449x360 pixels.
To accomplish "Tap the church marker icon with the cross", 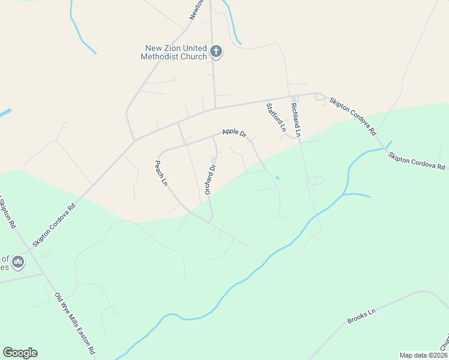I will tap(217, 52).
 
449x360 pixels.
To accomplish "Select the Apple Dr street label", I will tap(234, 132).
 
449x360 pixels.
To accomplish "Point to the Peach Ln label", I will tap(161, 173).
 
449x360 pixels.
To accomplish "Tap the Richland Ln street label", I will tap(295, 118).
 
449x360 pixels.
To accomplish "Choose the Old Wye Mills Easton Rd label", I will tap(75, 323).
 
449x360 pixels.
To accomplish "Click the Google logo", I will tap(20, 353).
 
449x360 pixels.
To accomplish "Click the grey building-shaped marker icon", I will tap(18, 262).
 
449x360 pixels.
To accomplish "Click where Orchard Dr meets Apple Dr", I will tap(213, 137).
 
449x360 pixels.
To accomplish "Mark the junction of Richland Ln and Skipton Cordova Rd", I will tap(294, 97).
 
